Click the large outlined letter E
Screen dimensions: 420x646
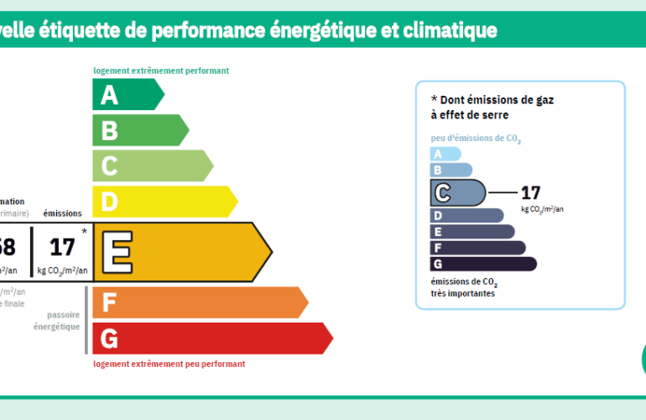(117, 252)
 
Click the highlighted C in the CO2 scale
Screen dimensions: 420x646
(442, 193)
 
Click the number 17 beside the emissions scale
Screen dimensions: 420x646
(530, 192)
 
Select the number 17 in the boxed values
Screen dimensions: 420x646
(62, 247)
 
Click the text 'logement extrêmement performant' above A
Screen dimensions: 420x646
(161, 71)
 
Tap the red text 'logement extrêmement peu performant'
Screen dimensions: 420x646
(169, 364)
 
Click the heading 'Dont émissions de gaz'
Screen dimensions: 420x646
(492, 99)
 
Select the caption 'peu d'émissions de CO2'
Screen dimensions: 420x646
(476, 139)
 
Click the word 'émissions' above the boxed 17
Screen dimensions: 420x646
(62, 214)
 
